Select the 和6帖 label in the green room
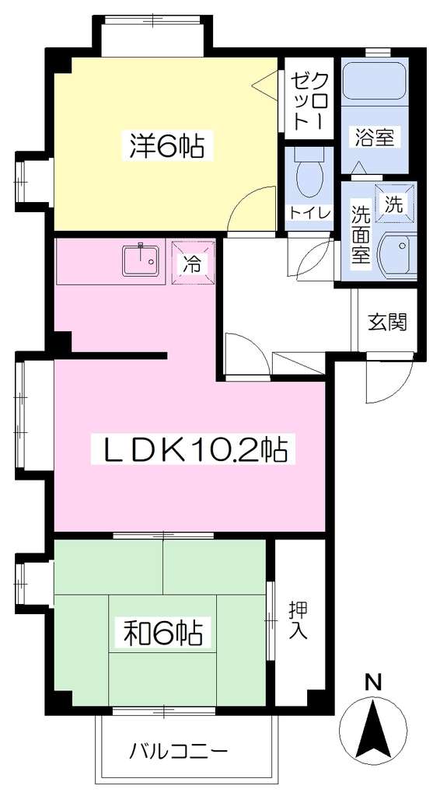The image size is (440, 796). (x=164, y=633)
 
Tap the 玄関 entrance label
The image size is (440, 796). (x=387, y=322)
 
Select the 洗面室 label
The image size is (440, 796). (x=361, y=233)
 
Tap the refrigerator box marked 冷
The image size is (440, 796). (x=193, y=264)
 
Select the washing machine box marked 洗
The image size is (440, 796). (x=395, y=203)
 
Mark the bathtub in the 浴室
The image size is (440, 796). (x=375, y=80)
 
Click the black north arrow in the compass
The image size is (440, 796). (x=373, y=726)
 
